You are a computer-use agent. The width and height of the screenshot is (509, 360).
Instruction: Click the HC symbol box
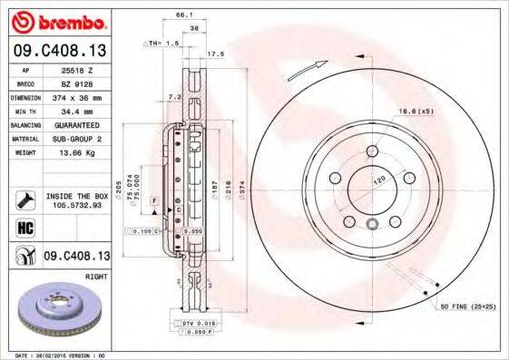pos(24,228)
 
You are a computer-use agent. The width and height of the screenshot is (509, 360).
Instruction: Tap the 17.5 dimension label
pos(216,54)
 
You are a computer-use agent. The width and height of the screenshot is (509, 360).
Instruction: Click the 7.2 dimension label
pos(174,95)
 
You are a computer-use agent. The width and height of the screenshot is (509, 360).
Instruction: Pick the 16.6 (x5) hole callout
pos(414,111)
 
